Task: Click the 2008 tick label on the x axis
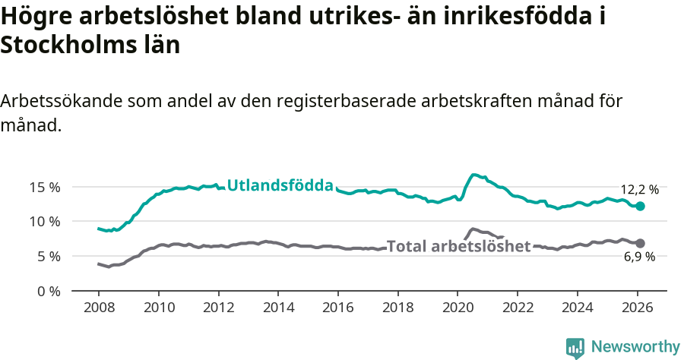point(99,309)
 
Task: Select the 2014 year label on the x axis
point(278,309)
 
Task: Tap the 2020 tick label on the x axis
point(458,309)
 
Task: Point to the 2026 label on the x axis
point(637,309)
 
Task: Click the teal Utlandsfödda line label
point(280,185)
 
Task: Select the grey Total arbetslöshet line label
point(458,246)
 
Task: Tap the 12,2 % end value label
point(639,190)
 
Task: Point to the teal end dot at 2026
point(640,206)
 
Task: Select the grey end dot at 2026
point(640,243)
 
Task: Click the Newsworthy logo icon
point(575,347)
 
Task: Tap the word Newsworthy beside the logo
point(635,347)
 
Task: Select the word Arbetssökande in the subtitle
point(60,101)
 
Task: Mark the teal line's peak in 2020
point(473,175)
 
